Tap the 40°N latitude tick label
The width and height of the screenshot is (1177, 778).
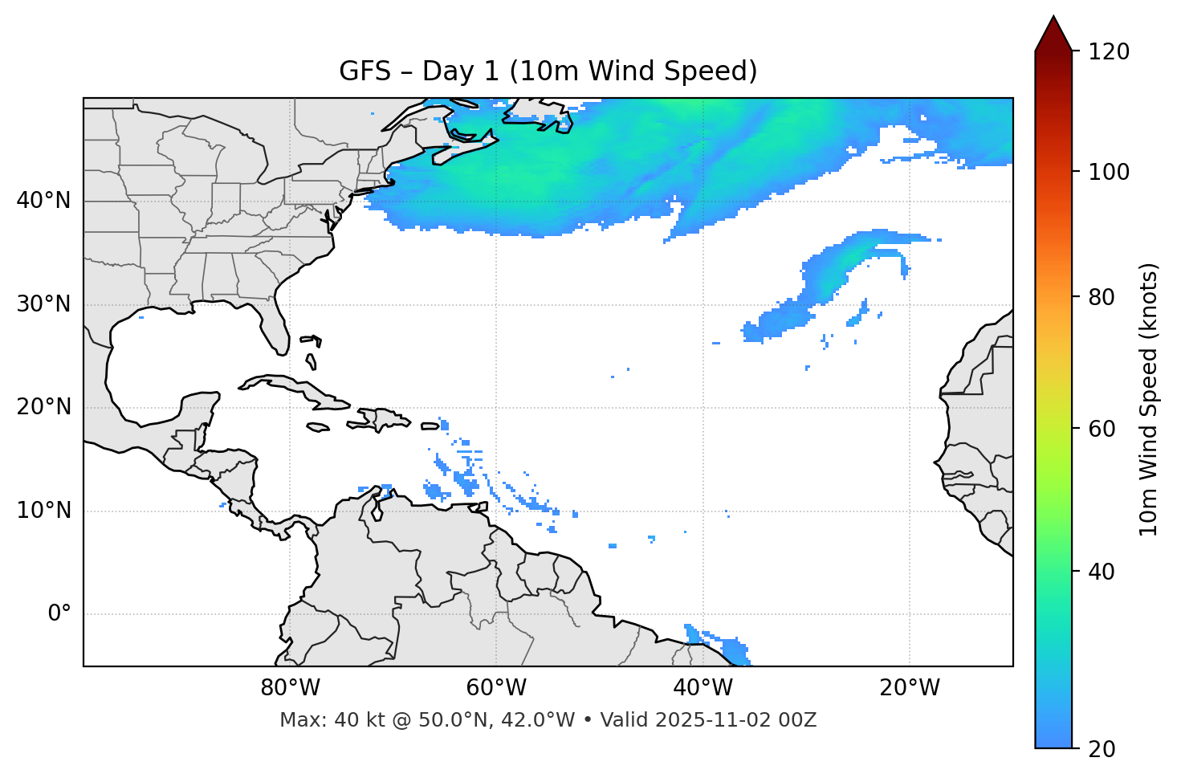[x=43, y=201]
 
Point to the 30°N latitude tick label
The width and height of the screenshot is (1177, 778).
[x=43, y=304]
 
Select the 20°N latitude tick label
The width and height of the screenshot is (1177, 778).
[x=43, y=407]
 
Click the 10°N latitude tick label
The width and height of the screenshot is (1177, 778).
[x=43, y=511]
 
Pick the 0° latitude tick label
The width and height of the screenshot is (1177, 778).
[x=59, y=614]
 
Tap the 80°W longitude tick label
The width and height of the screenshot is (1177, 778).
[x=290, y=688]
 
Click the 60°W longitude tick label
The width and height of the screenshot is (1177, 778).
[x=496, y=688]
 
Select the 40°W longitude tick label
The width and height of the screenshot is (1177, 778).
[x=703, y=688]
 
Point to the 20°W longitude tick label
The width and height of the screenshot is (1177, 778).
[x=909, y=688]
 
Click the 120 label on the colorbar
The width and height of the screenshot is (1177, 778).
[x=1110, y=52]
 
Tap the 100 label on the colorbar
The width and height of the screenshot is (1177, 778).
[x=1110, y=172]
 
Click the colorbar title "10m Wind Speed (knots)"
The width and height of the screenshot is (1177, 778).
[x=1149, y=399]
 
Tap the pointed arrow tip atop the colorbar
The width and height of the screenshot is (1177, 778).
[x=1053, y=18]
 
